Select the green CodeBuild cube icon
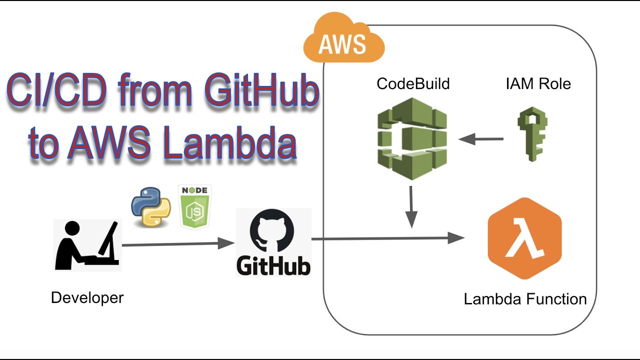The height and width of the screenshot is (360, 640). (x=411, y=138)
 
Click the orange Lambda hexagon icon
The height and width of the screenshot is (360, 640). (x=524, y=238)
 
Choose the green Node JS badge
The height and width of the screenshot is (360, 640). (x=195, y=207)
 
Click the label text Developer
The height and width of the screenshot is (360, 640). (x=87, y=298)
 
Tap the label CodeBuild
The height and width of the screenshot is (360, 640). (x=413, y=83)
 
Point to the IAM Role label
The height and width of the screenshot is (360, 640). (x=538, y=83)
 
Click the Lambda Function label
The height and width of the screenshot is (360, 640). (x=525, y=299)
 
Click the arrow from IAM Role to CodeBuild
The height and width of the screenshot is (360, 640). (x=480, y=139)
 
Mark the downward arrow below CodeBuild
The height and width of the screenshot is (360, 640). (x=411, y=207)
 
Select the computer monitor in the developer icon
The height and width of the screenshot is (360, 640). (x=109, y=238)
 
